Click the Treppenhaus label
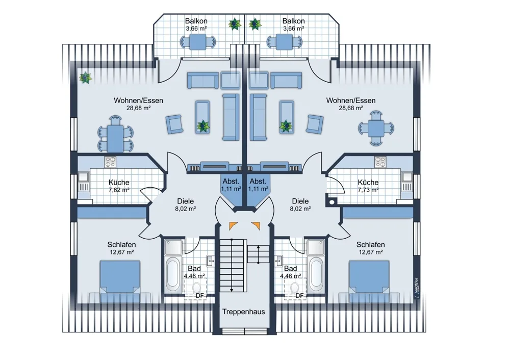point(243,312)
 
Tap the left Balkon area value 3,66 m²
point(196,28)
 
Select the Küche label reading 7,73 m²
point(368,186)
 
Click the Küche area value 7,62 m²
point(119,190)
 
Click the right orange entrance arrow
point(256,225)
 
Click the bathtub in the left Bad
point(172,274)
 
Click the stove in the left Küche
point(110,162)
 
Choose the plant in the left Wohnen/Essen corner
point(85,78)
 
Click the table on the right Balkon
point(285,42)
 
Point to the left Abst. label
point(231,181)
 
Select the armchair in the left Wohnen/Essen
point(174,124)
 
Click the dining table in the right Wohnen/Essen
point(376,128)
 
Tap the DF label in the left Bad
point(200,296)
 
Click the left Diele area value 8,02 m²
point(186,209)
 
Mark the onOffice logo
point(417,287)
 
